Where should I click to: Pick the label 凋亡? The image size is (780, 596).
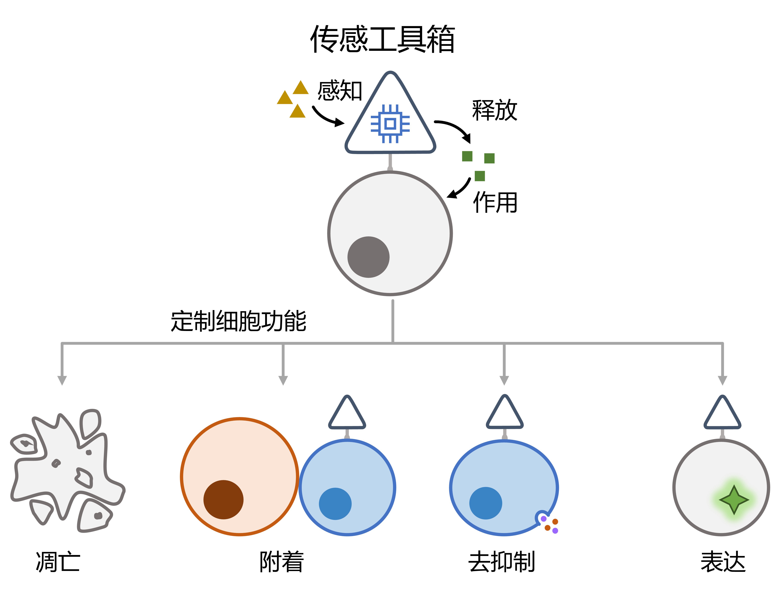click(58, 562)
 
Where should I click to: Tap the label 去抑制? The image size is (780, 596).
click(501, 562)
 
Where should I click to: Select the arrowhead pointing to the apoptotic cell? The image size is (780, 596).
click(62, 380)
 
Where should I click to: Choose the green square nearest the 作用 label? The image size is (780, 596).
click(480, 176)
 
